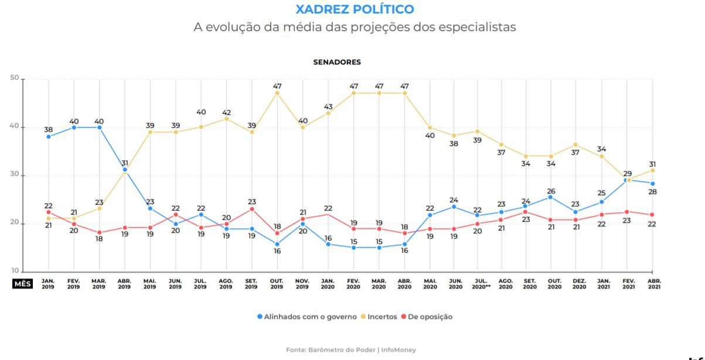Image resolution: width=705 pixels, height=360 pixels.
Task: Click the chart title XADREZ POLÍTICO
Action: [355, 9]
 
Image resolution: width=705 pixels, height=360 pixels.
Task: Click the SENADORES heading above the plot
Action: [337, 62]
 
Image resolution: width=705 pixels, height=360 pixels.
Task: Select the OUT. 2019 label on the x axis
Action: [277, 284]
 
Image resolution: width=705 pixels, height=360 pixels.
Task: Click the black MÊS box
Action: [22, 284]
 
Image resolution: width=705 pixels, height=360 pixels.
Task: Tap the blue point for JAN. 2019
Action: [48, 137]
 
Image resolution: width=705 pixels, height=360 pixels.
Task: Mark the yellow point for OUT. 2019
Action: [277, 93]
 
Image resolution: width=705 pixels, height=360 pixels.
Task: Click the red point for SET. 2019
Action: [252, 209]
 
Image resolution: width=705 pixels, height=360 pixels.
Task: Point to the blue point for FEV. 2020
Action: [354, 247]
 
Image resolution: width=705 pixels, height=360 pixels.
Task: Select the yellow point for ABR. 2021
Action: [652, 170]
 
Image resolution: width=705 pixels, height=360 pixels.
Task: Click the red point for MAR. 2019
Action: [99, 232]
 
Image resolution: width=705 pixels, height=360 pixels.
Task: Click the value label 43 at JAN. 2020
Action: [328, 107]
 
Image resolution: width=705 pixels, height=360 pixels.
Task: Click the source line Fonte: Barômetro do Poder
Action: [351, 350]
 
